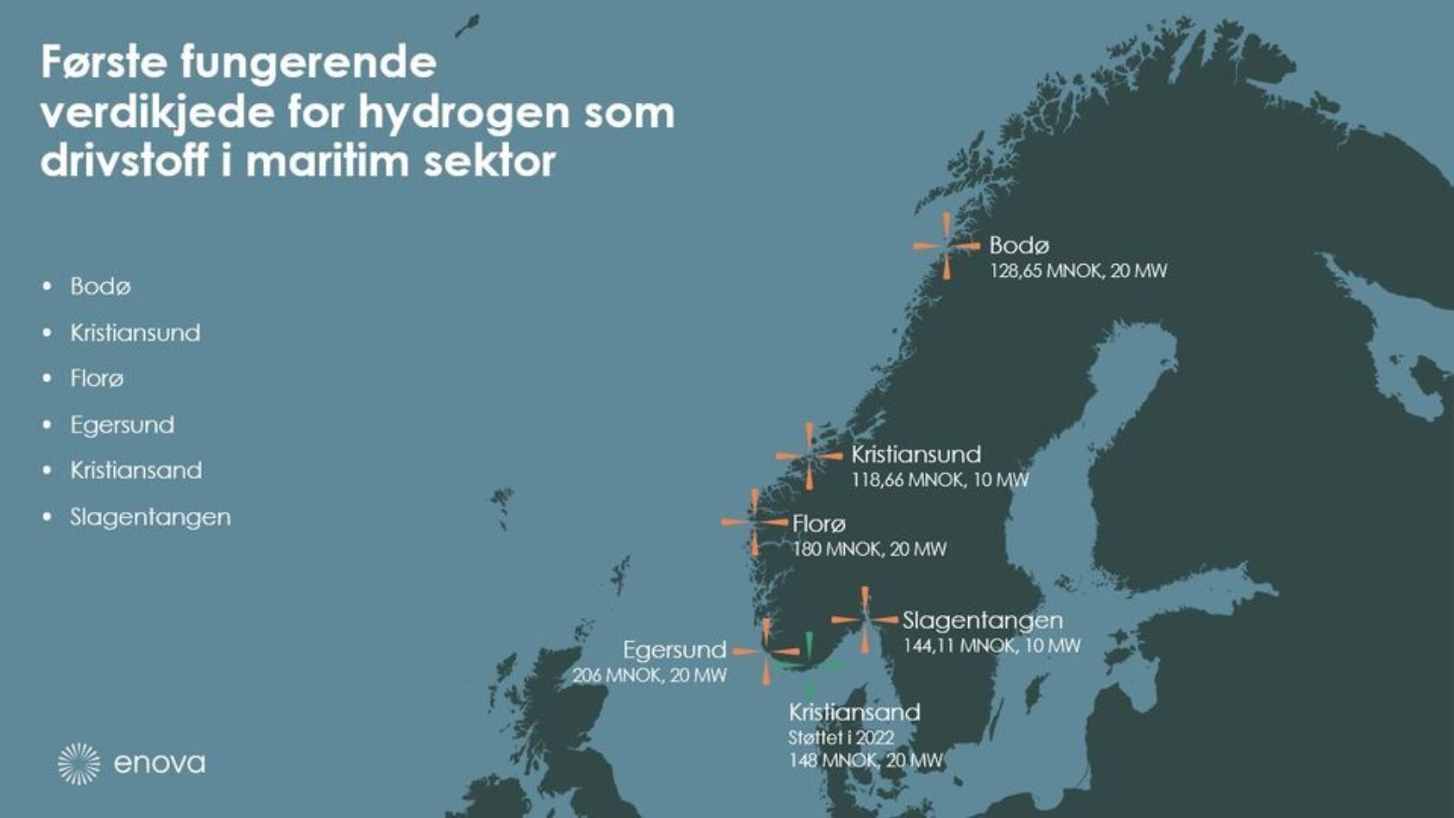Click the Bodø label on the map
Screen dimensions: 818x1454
tap(1019, 245)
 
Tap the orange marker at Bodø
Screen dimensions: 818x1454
tap(947, 246)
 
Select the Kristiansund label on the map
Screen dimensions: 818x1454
tap(916, 455)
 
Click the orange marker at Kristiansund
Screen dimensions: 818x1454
tap(809, 456)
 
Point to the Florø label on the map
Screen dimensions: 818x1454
tap(819, 524)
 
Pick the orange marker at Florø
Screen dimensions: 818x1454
tap(755, 522)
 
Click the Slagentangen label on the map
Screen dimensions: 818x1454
tap(982, 620)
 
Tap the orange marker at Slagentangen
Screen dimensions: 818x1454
tap(865, 619)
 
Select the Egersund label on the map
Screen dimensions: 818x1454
tap(675, 650)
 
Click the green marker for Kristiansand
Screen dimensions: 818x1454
tap(809, 665)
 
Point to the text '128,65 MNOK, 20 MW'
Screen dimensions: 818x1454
tap(1078, 271)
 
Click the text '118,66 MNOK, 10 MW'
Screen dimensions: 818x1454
tap(940, 480)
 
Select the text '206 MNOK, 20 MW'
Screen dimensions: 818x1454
tap(650, 675)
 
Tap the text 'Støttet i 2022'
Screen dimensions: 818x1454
tap(840, 738)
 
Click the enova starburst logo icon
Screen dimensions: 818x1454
tap(79, 764)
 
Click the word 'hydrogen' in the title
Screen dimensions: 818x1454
tap(464, 112)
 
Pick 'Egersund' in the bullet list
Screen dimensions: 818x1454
tap(123, 425)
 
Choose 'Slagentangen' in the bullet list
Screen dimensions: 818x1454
tap(150, 517)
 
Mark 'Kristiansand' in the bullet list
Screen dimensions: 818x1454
tap(136, 470)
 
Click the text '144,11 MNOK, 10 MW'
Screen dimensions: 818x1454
tap(991, 645)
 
